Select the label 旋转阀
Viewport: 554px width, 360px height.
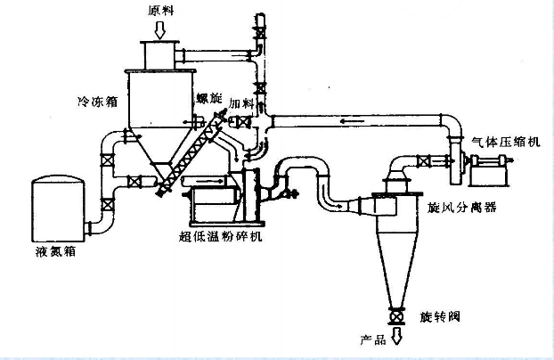437,316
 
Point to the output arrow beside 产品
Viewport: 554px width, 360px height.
395,339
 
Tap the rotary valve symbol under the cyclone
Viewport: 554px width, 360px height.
395,315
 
